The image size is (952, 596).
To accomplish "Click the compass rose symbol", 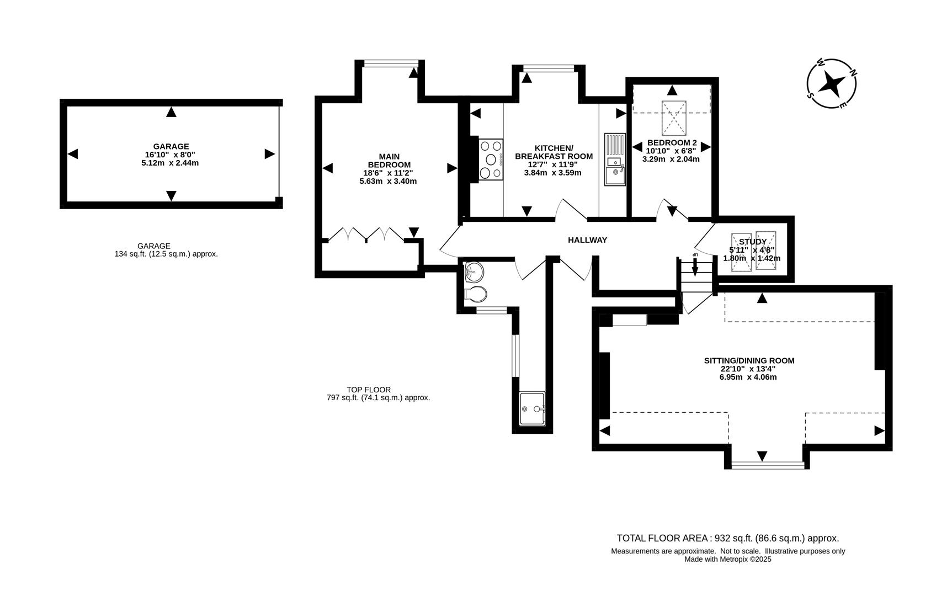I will coord(832,84).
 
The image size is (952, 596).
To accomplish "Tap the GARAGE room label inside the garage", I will coord(171,146).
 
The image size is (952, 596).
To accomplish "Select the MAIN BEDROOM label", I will coord(389,161).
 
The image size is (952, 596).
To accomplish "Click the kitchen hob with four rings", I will coord(491,159).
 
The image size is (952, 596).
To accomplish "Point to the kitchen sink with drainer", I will coord(614,159).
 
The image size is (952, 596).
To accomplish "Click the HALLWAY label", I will coord(587,240).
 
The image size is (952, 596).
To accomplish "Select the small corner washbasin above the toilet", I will coord(473,271).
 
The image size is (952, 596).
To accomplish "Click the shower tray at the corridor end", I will coord(532,408).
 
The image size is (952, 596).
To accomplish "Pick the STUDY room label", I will coord(752,242).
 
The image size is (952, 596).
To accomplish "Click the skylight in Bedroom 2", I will coord(674,118).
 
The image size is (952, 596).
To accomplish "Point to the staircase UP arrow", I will coord(695,265).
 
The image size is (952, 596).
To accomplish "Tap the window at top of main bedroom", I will coord(391,63).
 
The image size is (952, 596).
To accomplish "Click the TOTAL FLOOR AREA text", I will coord(727,538).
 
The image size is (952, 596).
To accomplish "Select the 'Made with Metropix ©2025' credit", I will coord(727,559).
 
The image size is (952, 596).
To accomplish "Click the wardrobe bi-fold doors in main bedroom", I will coord(366,234).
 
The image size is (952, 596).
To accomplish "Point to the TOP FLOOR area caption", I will coord(369,390).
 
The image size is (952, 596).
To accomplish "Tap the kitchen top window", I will coord(549,68).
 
